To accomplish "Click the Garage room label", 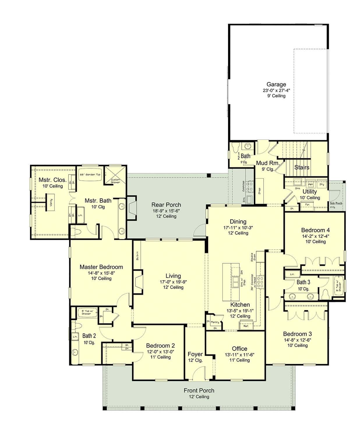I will point(276,84).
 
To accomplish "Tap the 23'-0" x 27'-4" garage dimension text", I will point(276,90).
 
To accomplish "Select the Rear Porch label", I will point(166,205).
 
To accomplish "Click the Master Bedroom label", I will point(101,267).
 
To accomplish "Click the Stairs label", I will point(302,167).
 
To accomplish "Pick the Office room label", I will point(239,349).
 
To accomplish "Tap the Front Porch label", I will point(199,390).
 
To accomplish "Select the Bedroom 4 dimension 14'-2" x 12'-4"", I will point(315,236).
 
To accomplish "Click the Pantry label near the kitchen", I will point(215,322).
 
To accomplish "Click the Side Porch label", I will point(336,203).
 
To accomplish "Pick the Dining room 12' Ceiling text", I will point(238,233).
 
